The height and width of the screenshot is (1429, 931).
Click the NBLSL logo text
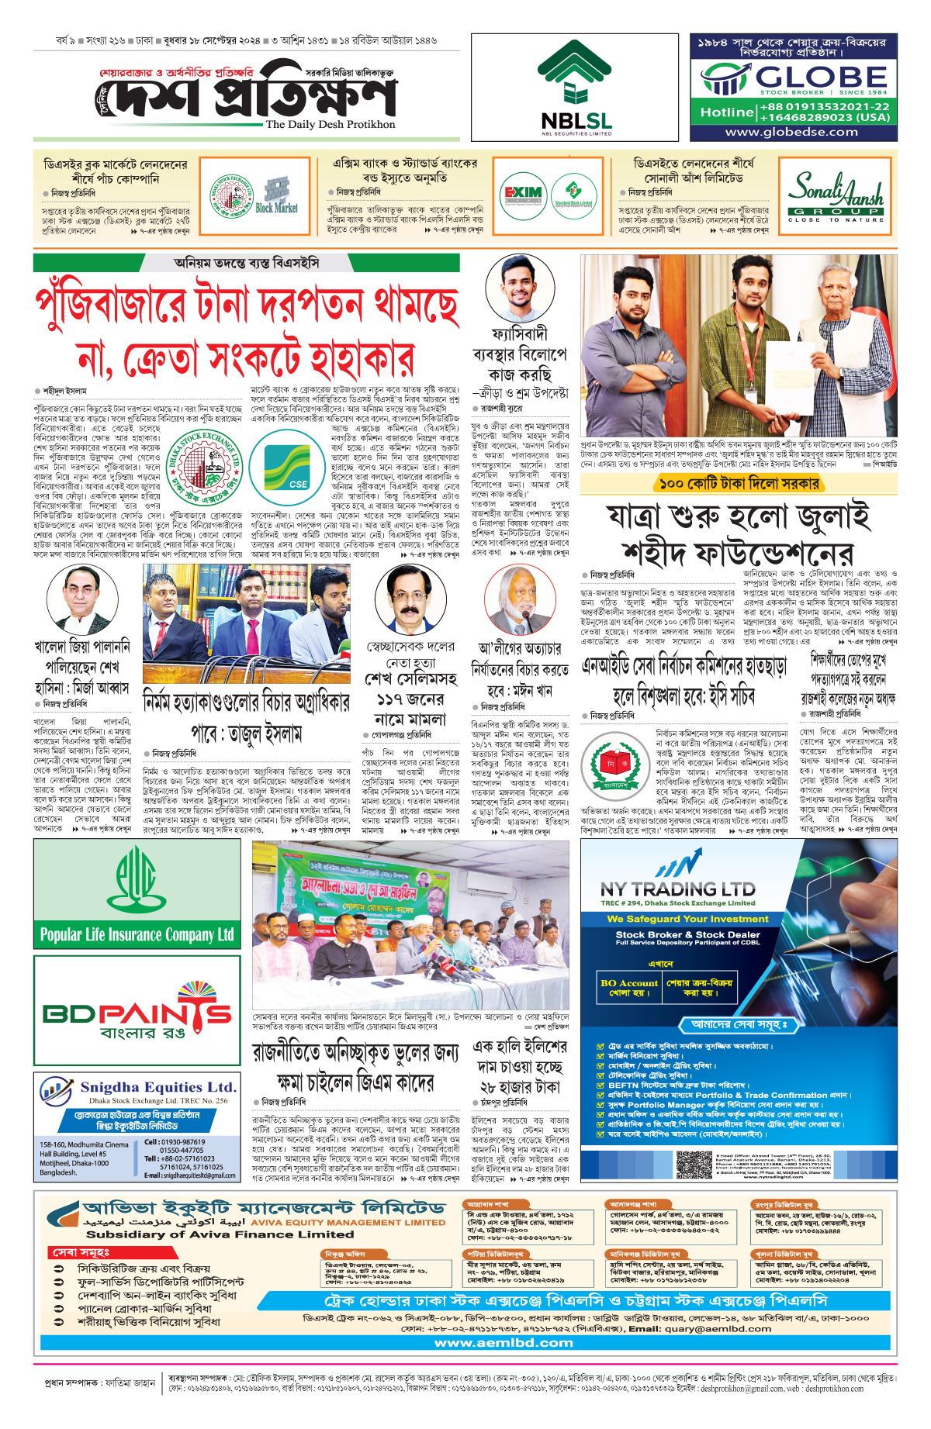[x=576, y=121]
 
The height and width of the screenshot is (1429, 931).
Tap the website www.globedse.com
[x=791, y=132]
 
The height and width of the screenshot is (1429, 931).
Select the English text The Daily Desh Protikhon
[x=330, y=124]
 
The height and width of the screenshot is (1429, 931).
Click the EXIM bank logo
[x=523, y=194]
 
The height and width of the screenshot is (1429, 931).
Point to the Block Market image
[x=276, y=196]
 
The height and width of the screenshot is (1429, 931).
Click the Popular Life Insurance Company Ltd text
[x=137, y=934]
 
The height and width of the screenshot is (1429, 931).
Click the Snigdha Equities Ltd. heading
[x=157, y=1087]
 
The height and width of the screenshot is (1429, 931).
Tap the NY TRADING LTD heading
[x=677, y=889]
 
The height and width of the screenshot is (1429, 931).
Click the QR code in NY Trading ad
[x=694, y=1165]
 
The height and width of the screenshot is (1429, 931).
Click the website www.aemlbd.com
[x=504, y=1342]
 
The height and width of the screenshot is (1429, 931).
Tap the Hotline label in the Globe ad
[x=726, y=112]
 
